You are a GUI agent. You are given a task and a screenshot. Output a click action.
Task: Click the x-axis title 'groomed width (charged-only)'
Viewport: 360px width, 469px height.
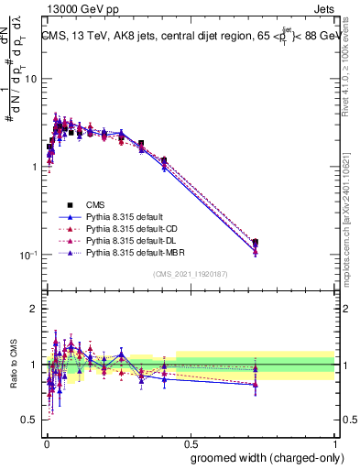coord(261,456)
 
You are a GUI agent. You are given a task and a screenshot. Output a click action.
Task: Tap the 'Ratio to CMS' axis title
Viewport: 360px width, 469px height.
coord(15,365)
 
